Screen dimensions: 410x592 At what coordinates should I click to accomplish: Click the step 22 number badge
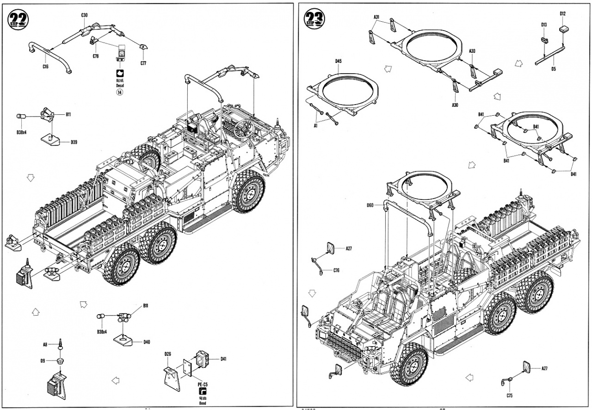click(18, 19)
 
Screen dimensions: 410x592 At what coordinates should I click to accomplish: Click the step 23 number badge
click(314, 19)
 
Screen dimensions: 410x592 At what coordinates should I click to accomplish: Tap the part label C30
click(84, 15)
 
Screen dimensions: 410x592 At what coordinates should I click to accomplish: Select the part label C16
click(45, 67)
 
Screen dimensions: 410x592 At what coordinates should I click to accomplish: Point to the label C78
click(96, 56)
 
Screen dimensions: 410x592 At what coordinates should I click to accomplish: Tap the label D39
click(74, 142)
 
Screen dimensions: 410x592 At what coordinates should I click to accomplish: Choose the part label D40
click(146, 342)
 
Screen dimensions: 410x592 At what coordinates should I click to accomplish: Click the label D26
click(168, 354)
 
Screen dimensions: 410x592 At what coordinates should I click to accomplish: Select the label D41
click(223, 359)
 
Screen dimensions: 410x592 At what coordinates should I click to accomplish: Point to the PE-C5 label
click(203, 384)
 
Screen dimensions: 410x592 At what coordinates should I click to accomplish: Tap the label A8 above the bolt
click(45, 344)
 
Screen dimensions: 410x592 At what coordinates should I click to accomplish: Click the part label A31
click(376, 17)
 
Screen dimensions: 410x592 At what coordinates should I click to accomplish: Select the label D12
click(562, 13)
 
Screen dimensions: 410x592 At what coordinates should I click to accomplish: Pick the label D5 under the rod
click(553, 69)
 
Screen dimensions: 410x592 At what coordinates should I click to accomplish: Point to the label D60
click(370, 205)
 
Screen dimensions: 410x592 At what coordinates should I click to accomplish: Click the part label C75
click(509, 396)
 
